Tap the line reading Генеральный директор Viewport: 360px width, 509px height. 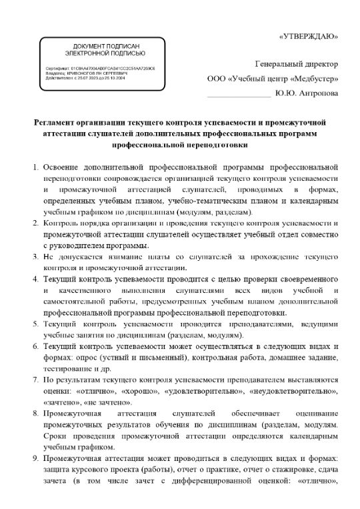297,64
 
